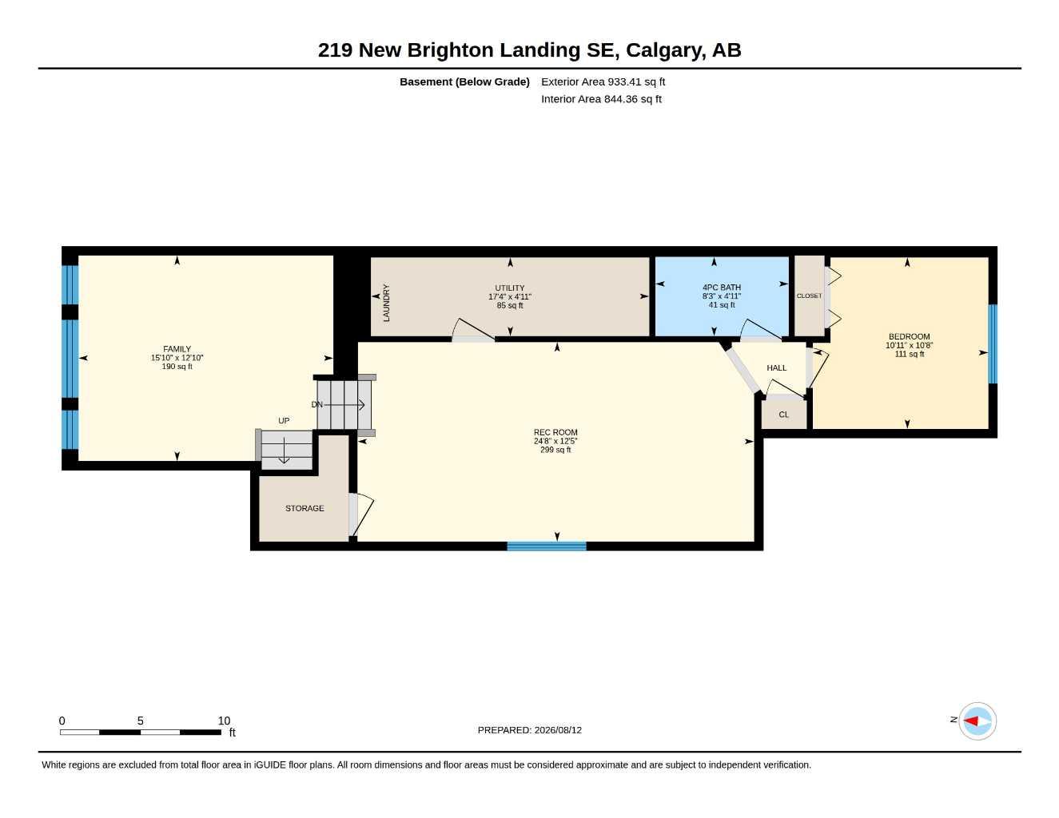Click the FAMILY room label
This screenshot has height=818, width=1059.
point(177,349)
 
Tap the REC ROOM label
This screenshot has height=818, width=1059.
point(555,432)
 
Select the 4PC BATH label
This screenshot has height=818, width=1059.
point(722,288)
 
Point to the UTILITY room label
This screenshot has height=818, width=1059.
point(510,288)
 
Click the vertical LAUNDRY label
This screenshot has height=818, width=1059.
point(387,303)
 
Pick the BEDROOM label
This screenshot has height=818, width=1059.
point(910,336)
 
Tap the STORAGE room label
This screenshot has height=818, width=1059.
point(305,508)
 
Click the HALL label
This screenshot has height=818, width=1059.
point(777,368)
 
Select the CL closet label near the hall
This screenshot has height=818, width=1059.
point(783,415)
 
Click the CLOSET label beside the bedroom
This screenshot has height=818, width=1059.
point(810,296)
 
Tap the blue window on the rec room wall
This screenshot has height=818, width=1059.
point(547,546)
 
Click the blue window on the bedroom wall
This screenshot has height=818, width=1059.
point(993,344)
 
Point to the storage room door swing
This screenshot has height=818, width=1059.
point(361,514)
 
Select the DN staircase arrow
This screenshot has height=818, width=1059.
point(344,405)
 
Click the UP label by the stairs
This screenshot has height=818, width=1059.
point(284,421)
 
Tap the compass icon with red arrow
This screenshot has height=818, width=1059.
point(977,721)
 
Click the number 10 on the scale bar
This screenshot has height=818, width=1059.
point(224,721)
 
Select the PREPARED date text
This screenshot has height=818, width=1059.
point(530,730)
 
